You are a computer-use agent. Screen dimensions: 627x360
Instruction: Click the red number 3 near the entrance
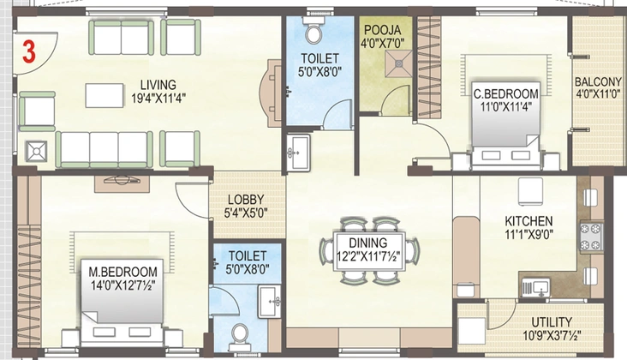(29, 52)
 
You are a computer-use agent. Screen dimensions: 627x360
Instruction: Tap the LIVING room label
(158, 85)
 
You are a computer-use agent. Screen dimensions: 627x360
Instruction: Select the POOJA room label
(383, 30)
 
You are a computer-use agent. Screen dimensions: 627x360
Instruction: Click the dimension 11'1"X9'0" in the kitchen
(528, 234)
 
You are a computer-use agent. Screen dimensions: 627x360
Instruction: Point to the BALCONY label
(598, 81)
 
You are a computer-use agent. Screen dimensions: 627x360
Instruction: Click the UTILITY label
(552, 322)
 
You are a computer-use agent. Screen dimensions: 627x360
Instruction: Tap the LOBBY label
(246, 199)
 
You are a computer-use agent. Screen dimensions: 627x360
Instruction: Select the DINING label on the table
(367, 243)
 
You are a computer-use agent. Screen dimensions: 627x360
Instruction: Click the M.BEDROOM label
(122, 272)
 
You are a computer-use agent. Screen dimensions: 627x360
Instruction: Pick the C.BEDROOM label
(506, 94)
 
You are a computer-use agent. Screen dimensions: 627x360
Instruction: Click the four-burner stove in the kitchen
(591, 237)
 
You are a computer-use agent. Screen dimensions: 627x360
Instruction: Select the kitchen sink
(536, 288)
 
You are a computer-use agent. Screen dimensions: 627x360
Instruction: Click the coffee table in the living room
(104, 95)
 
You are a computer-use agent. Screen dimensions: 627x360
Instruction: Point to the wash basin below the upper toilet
(298, 152)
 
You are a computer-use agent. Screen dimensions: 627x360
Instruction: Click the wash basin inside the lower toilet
(270, 301)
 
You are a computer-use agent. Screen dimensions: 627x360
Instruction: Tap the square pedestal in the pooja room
(398, 63)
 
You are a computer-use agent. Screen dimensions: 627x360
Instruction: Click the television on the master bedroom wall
(122, 180)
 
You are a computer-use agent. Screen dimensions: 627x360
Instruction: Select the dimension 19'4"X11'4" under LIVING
(158, 98)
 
